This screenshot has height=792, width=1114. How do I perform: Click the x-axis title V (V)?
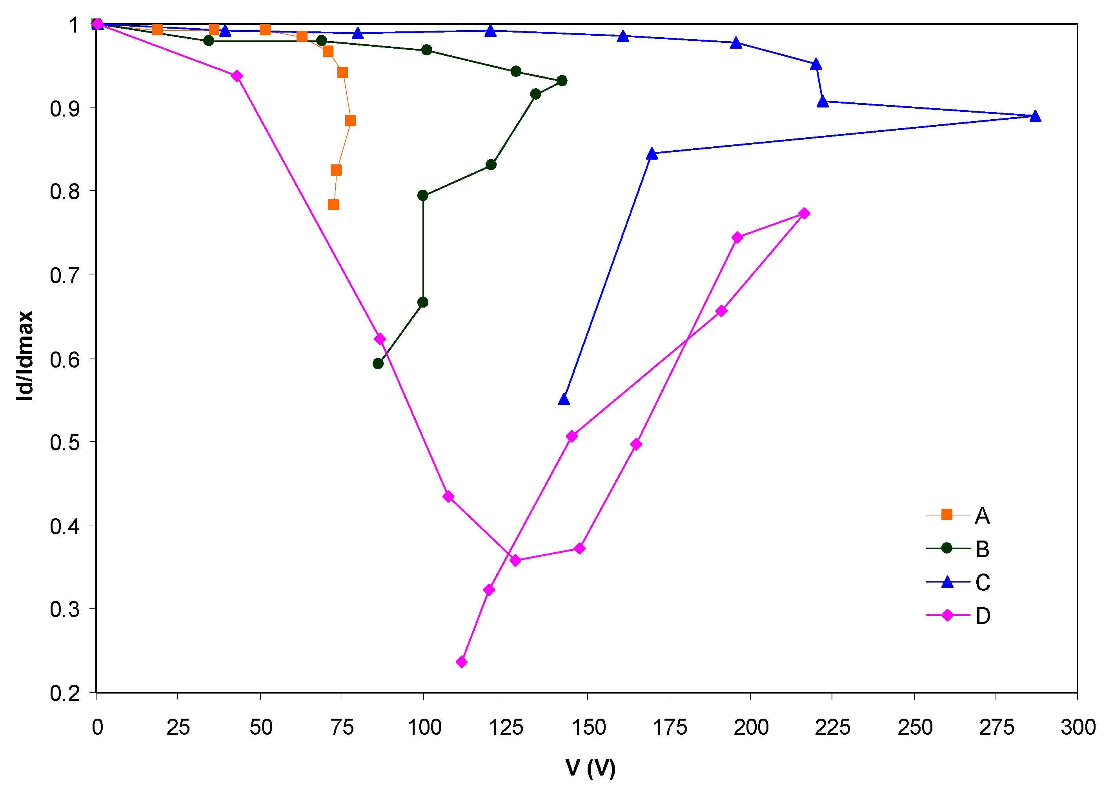[x=590, y=768]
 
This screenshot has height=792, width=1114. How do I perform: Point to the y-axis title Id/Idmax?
[x=24, y=356]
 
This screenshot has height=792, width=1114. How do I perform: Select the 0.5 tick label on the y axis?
[x=65, y=443]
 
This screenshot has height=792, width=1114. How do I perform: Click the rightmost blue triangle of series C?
[x=1036, y=116]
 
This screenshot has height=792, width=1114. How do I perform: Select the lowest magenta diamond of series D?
[x=462, y=662]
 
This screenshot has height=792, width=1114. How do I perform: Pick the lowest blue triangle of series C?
[x=564, y=399]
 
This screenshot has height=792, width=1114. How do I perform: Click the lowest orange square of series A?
[x=333, y=205]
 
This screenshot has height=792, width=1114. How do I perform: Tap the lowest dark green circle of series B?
[x=378, y=363]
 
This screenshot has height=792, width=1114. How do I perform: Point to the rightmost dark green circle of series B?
[x=562, y=80]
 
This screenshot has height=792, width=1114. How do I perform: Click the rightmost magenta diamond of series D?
[x=805, y=213]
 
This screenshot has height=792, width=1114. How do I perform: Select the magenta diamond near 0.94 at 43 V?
[x=237, y=76]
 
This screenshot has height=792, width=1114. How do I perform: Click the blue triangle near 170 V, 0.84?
[x=652, y=154]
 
